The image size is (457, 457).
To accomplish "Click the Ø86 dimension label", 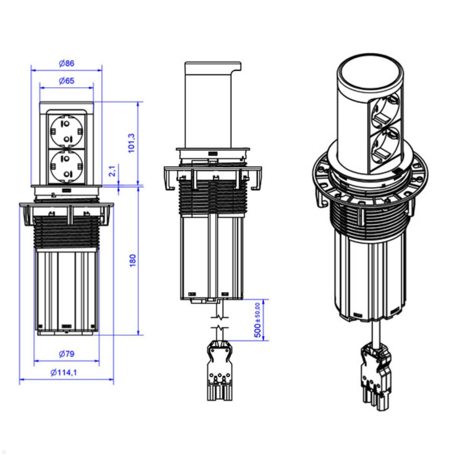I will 66,64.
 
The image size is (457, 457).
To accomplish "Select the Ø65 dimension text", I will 66,81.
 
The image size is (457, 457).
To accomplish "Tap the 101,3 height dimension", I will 132,143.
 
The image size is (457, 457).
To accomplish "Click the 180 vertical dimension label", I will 133,260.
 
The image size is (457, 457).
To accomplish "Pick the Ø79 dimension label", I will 66,354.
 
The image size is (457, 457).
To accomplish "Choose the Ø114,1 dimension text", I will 64,372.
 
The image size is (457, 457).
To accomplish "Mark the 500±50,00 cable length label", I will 258,320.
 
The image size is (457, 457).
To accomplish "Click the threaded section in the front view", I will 67,233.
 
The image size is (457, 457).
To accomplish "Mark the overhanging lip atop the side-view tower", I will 236,66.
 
